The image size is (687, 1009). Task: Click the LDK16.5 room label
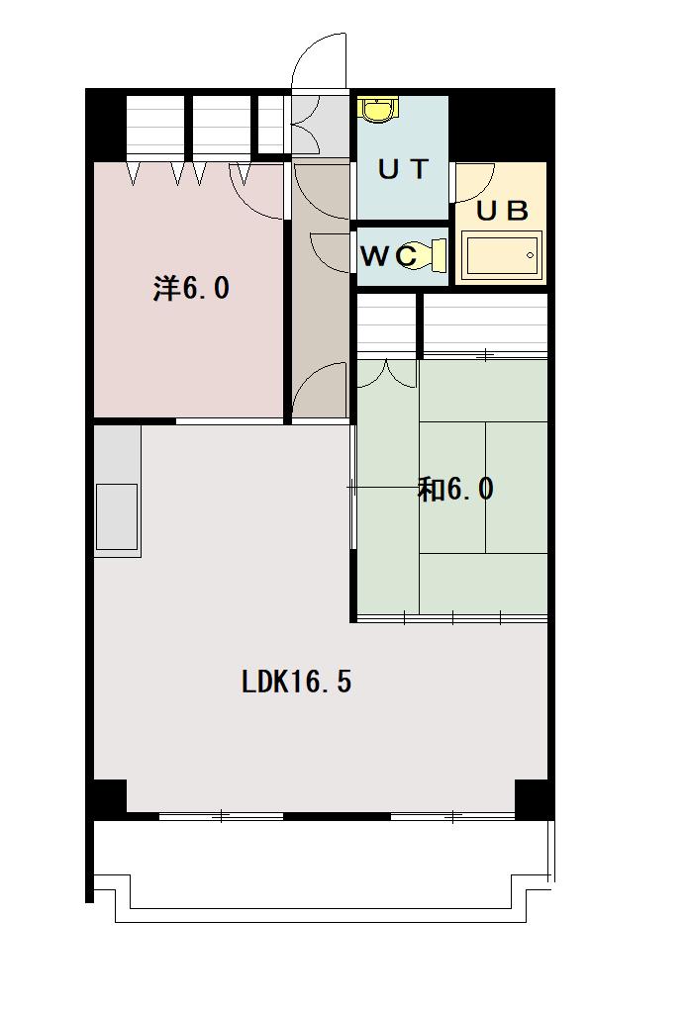pyautogui.click(x=296, y=682)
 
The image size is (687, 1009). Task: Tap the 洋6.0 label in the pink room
pyautogui.click(x=191, y=288)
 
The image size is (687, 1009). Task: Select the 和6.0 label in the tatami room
pyautogui.click(x=455, y=489)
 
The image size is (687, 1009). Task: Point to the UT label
pyautogui.click(x=403, y=169)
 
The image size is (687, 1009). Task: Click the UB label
pyautogui.click(x=502, y=211)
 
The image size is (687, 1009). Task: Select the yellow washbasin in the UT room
pyautogui.click(x=379, y=110)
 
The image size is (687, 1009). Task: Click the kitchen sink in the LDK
pyautogui.click(x=117, y=516)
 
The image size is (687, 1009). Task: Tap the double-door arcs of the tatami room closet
pyautogui.click(x=386, y=375)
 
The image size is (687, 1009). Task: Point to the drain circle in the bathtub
pyautogui.click(x=531, y=255)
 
